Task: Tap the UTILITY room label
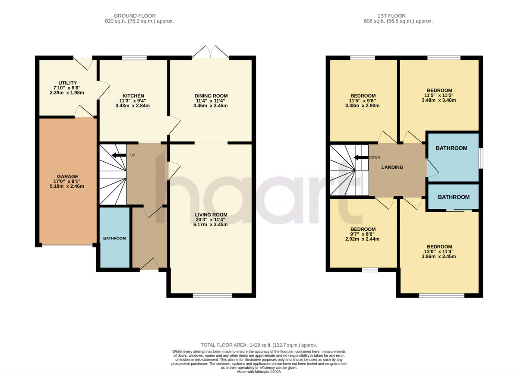[68, 83]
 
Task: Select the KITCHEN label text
[133, 96]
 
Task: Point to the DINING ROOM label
[211, 96]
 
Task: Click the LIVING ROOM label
[211, 215]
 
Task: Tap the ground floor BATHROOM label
[114, 239]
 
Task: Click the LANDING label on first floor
[392, 167]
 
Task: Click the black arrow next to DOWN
[360, 157]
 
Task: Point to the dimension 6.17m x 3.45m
[211, 224]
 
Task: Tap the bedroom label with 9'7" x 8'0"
[363, 229]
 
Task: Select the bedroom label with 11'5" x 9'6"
[363, 96]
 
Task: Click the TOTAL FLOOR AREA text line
[259, 345]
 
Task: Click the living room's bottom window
[212, 295]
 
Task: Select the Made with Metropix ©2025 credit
[259, 372]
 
